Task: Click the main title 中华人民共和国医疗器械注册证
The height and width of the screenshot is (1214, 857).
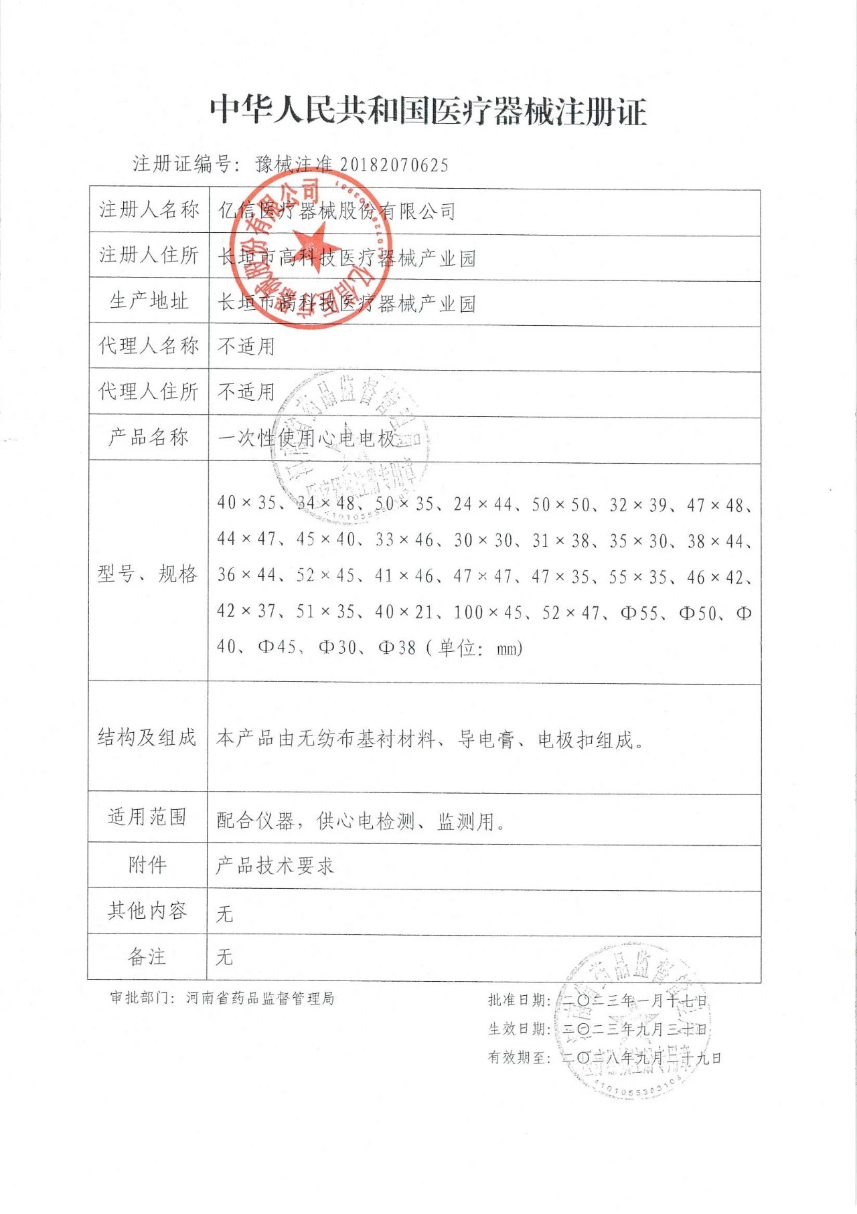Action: (428, 110)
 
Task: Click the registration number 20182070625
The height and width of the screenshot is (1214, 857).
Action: (394, 165)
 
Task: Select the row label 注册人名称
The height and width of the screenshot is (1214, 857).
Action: (149, 210)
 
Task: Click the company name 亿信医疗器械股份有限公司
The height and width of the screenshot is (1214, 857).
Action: (337, 211)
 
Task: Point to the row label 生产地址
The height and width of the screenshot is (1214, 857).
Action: (149, 301)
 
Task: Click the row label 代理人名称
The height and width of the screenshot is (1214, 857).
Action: (149, 346)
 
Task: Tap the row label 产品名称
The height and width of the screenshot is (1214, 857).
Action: (149, 438)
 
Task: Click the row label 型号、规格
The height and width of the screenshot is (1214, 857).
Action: (147, 574)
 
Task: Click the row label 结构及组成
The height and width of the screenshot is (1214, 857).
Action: (147, 738)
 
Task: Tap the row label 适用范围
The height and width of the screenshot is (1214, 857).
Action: (147, 817)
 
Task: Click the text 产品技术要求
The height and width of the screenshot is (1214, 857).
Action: (275, 866)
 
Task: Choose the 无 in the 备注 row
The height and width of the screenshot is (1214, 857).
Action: (224, 957)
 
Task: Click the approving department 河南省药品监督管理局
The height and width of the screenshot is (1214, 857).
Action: (260, 999)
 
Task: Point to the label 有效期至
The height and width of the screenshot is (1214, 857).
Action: (519, 1057)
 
